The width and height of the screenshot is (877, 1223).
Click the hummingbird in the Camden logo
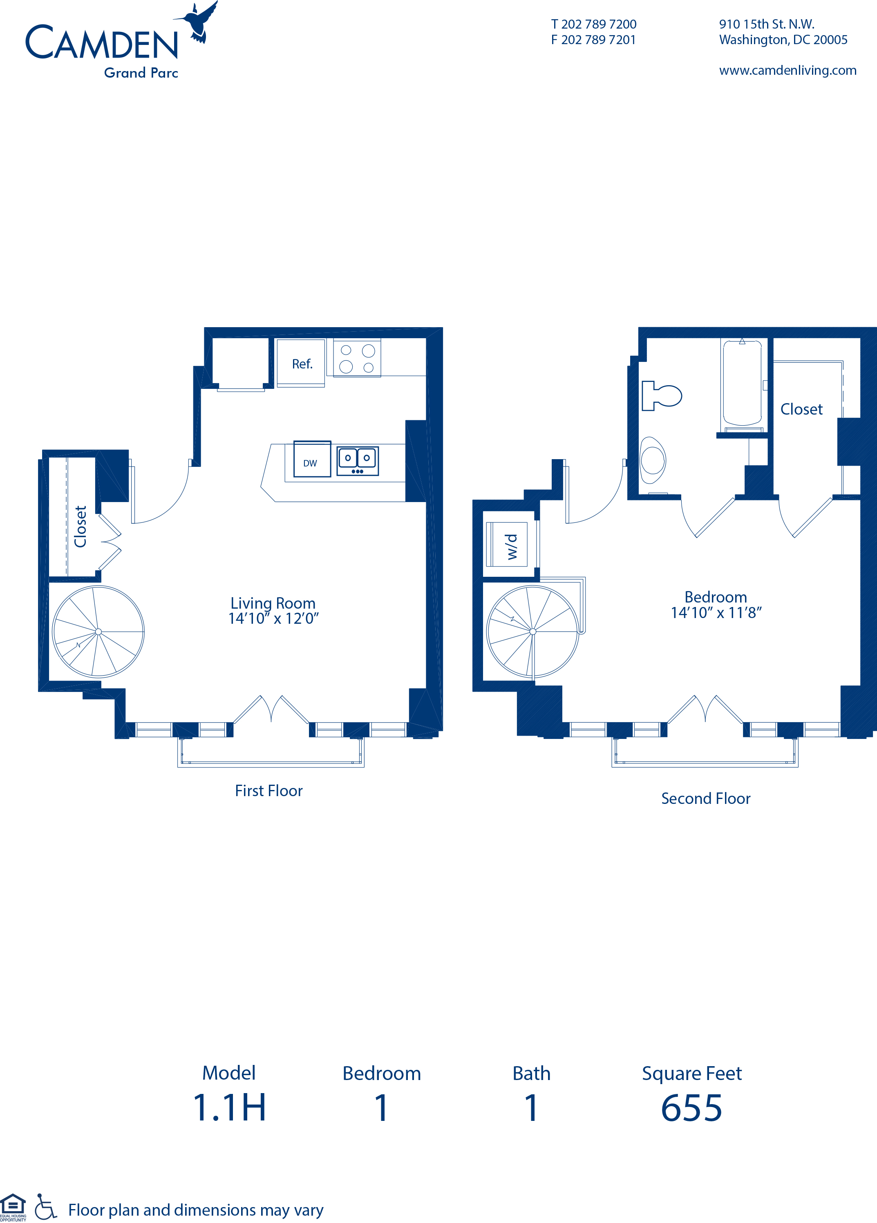199,22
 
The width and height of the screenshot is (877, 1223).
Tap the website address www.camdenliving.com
788,71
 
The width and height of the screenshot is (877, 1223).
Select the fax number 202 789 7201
599,40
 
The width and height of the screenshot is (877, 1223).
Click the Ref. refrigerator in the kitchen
301,362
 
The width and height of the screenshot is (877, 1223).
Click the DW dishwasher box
312,459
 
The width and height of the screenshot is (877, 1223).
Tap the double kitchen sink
358,460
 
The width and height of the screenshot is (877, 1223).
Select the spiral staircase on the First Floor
98,632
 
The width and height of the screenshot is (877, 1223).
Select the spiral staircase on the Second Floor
533,632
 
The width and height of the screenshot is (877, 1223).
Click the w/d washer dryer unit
507,545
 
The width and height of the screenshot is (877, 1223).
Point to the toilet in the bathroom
662,396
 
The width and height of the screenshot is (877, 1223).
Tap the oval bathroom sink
653,460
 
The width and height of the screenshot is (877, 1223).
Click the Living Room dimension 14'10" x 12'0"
273,618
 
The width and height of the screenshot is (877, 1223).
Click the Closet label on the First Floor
81,526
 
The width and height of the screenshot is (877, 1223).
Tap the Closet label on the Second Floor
801,409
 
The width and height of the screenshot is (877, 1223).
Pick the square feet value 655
691,1108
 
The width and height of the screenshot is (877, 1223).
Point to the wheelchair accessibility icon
45,1206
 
